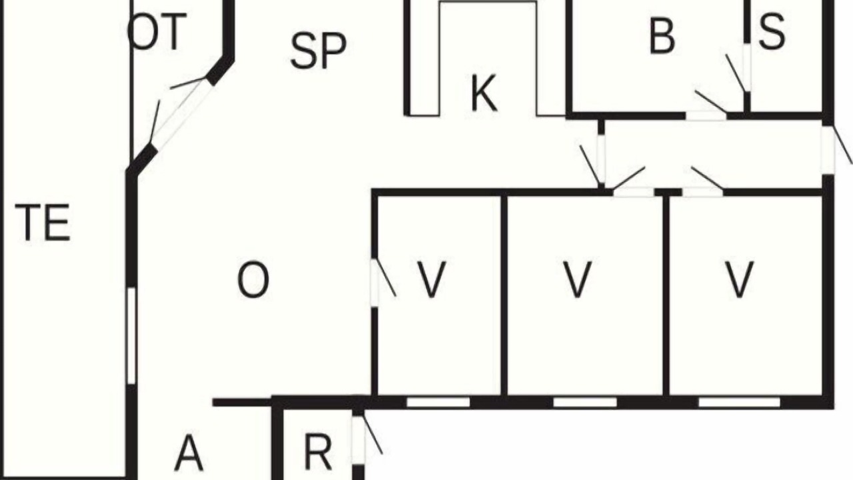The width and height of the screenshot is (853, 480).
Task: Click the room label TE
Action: [x=42, y=223]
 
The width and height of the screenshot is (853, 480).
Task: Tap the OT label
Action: [x=157, y=31]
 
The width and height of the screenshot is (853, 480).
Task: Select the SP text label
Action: [x=319, y=51]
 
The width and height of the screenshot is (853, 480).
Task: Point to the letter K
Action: [x=484, y=93]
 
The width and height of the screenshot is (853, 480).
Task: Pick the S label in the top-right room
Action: [x=772, y=31]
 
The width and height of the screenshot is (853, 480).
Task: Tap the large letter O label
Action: [x=253, y=279]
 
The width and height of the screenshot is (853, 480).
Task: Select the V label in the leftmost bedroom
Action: [x=431, y=279]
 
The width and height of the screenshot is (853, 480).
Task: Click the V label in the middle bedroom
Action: [x=577, y=279]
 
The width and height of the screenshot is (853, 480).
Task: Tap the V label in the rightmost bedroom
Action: [x=739, y=279]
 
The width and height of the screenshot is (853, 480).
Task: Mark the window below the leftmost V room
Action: [x=438, y=402]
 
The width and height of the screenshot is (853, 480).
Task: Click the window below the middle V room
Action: [x=584, y=402]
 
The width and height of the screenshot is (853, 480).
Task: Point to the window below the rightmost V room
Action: [x=739, y=402]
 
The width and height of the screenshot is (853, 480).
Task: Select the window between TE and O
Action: [x=131, y=335]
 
